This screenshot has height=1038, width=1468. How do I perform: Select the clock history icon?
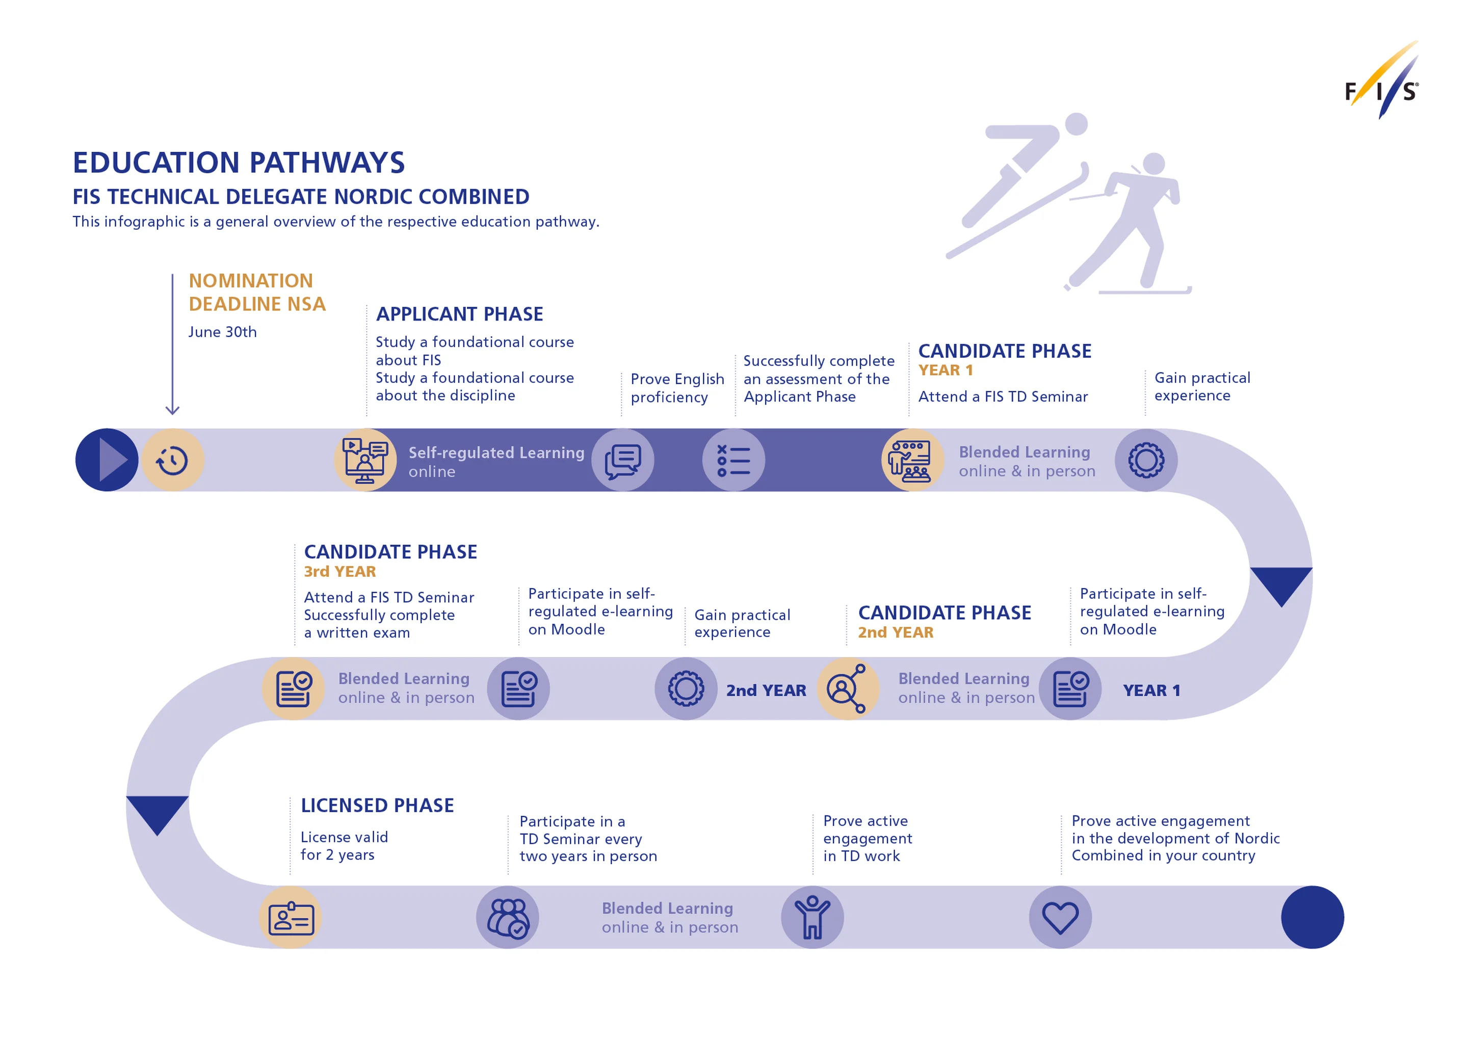(x=173, y=460)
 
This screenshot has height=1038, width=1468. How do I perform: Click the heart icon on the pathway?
(x=1060, y=917)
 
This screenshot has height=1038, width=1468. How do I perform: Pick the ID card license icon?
(x=291, y=918)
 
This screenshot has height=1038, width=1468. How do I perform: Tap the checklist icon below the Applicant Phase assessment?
(x=733, y=460)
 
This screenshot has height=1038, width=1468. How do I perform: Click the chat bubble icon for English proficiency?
(x=623, y=460)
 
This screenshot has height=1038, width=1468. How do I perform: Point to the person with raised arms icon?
(x=812, y=917)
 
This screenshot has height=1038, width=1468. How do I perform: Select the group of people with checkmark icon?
(x=508, y=917)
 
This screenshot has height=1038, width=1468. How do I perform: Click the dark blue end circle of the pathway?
(x=1312, y=917)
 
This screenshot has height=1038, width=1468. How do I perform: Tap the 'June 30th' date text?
(x=223, y=332)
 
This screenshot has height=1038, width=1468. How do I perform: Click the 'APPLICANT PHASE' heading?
(x=459, y=314)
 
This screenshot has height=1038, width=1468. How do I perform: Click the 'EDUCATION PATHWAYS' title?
(x=239, y=163)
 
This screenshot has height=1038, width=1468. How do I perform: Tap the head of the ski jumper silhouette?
(x=1077, y=124)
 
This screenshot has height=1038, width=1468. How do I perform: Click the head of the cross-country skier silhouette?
(x=1154, y=163)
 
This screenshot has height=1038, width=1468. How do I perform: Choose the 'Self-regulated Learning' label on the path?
(x=496, y=453)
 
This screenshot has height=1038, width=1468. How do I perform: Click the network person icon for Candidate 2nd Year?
(x=847, y=688)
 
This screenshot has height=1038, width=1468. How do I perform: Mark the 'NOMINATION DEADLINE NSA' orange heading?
(x=257, y=292)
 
